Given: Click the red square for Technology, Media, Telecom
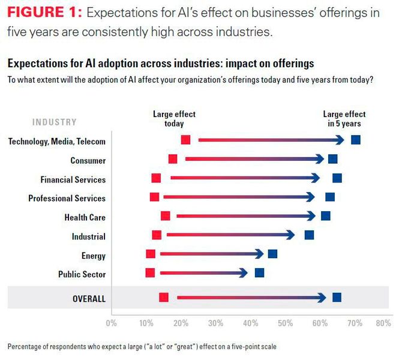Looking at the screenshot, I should pos(185,140).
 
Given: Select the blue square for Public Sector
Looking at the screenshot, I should pos(259,273).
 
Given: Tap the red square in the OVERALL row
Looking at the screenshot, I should pos(163,297).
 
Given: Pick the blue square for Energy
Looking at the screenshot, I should pos(272,254).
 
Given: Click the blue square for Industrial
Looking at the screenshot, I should pos(309,235).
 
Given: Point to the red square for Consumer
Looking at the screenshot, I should pos(173,159).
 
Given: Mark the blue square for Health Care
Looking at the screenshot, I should pos(326,216).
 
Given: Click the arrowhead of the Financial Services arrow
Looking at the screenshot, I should pos(316,178).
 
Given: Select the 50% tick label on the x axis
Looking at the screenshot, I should pos(286,323).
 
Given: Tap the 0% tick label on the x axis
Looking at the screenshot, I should pos(111,323).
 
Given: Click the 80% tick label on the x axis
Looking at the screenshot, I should pos(383,323).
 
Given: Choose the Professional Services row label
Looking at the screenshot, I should pos(67,198).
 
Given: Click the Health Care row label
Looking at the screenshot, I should pos(85,217).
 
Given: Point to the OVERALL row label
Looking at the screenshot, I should pos(89,298).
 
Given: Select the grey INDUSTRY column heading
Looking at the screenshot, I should pos(54,122).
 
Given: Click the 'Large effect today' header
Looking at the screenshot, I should pos(174,119).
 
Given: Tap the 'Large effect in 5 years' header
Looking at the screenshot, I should pos(344,119).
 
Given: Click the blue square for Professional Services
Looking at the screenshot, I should pos(330,197).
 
